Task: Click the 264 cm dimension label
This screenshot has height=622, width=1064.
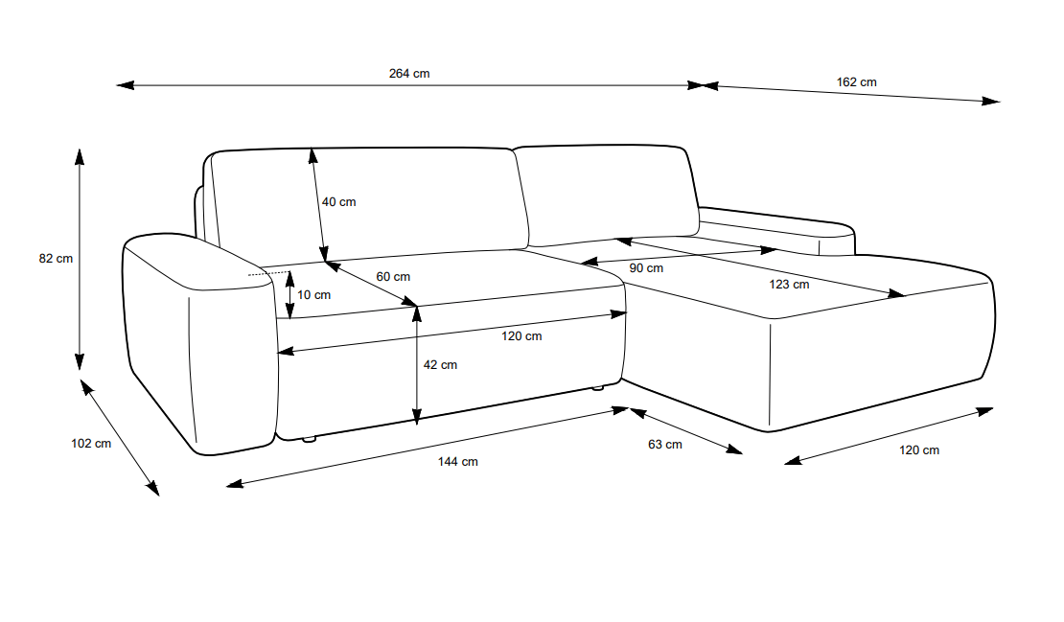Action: [x=409, y=74]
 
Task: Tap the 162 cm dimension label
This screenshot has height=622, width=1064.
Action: [x=856, y=82]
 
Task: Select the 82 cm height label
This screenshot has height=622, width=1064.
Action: [x=56, y=258]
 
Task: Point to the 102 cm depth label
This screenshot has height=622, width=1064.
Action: [x=91, y=443]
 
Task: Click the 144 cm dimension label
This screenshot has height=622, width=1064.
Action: [x=457, y=462]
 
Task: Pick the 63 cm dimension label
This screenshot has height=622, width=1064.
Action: [x=665, y=444]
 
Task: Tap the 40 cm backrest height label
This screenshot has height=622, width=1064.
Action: [x=338, y=202]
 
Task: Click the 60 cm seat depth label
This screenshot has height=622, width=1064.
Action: [x=393, y=276]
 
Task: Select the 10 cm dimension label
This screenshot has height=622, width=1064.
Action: [x=313, y=295]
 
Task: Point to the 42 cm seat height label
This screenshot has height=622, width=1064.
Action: [x=440, y=365]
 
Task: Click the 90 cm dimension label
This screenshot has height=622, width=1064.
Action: [x=646, y=268]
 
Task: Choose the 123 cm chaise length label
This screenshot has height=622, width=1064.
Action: [x=789, y=284]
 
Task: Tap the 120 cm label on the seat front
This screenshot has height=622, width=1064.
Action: [x=521, y=335]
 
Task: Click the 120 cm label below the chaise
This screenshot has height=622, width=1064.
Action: [x=918, y=449]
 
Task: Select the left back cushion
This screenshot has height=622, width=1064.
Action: [x=369, y=201]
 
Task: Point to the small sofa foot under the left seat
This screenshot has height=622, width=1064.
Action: [x=309, y=440]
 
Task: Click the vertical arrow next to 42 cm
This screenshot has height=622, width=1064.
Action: [x=416, y=364]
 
